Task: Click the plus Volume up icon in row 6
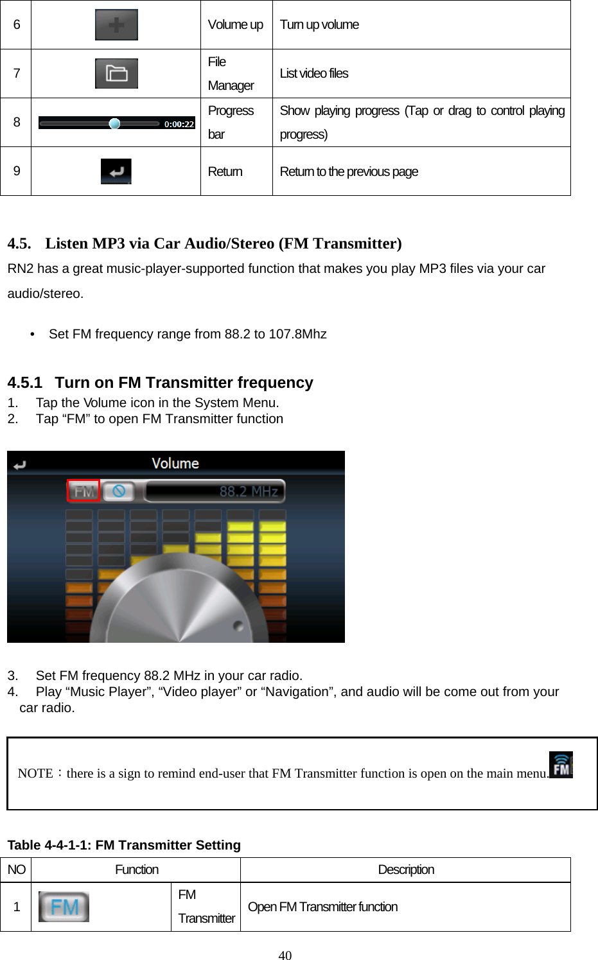tap(116, 25)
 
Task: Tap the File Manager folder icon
tap(116, 74)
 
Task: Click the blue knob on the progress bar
tap(114, 124)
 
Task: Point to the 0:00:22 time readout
tap(179, 124)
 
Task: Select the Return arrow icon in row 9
tap(116, 171)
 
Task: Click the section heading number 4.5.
tap(19, 244)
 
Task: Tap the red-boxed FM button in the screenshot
tap(84, 491)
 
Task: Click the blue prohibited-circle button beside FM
tap(119, 491)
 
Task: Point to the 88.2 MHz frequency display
tap(249, 492)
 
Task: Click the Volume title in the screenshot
tap(175, 464)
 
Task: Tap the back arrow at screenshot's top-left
tap(19, 465)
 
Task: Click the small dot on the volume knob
tap(238, 625)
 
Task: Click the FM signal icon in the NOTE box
tap(561, 765)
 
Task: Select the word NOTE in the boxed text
tap(35, 773)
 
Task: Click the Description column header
tap(405, 869)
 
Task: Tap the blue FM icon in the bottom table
tap(64, 907)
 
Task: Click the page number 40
tap(285, 955)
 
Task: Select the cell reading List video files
tap(314, 74)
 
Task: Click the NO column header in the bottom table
tap(16, 869)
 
